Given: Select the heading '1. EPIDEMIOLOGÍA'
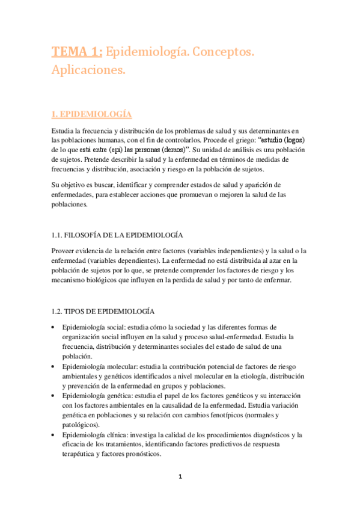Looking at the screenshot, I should pos(91,114).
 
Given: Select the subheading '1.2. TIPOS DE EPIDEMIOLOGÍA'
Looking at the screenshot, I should pos(103,311).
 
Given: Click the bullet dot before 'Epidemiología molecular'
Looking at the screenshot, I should pos(54,366).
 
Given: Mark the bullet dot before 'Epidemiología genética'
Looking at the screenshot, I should pos(54,396).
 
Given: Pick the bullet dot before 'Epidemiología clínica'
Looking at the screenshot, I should pos(54,435).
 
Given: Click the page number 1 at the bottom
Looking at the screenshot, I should pos(180,477).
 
